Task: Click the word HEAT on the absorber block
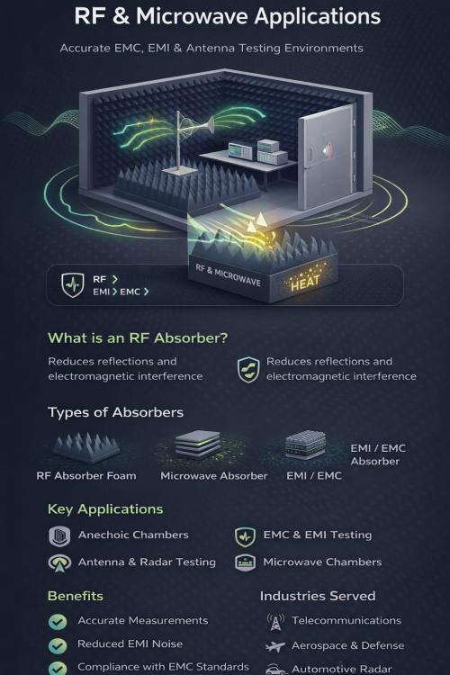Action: pos(305,283)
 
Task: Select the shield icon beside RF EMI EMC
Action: pos(73,284)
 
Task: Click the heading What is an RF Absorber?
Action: pos(138,337)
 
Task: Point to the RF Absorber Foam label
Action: pos(86,476)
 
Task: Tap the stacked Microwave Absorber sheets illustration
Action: pos(198,445)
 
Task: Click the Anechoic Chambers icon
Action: pos(59,536)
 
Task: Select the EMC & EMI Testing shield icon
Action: pos(246,536)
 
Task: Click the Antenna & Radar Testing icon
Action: pos(59,562)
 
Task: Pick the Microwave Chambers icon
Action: pos(246,562)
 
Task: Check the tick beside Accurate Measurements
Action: pos(58,621)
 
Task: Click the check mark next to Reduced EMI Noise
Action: pos(58,645)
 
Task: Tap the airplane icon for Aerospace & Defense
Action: pos(275,646)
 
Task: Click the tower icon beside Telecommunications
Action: pos(275,622)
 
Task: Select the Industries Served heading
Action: pos(318,596)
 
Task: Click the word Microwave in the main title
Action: pos(192,17)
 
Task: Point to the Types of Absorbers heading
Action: pos(115,412)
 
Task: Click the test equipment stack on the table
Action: pos(258,151)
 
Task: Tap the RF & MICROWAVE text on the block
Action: pos(229,274)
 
